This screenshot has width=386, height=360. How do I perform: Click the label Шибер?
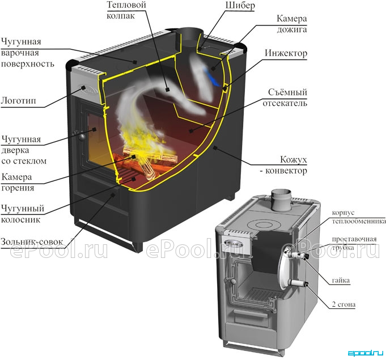pos(240,6)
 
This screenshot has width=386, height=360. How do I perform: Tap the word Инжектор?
pos(286,53)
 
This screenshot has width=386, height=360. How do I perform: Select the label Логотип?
pos(19,101)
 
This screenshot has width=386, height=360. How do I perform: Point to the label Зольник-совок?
pos(32,242)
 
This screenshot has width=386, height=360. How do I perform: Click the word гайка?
pos(341,280)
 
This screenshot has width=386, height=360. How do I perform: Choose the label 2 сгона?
pos(343,304)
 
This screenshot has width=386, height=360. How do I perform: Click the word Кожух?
pos(294,160)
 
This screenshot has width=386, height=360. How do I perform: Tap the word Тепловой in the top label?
pos(126,5)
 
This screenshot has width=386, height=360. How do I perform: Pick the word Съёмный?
pos(287,92)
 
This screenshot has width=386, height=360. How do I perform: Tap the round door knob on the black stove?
pos(80,135)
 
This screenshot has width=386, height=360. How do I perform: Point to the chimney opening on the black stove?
pos(189,32)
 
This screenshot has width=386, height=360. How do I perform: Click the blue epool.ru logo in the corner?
pos(366,353)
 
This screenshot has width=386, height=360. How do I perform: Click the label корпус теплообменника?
pos(358,217)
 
